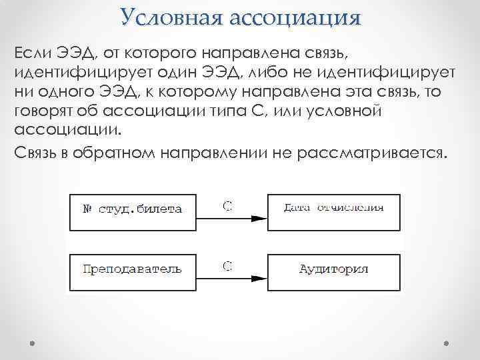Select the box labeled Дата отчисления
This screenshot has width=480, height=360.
click(x=333, y=208)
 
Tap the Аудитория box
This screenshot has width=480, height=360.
click(x=333, y=270)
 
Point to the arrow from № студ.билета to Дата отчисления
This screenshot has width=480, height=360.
click(x=233, y=217)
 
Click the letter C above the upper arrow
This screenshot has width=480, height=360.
click(x=227, y=206)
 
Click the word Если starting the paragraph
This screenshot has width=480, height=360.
click(x=31, y=52)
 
